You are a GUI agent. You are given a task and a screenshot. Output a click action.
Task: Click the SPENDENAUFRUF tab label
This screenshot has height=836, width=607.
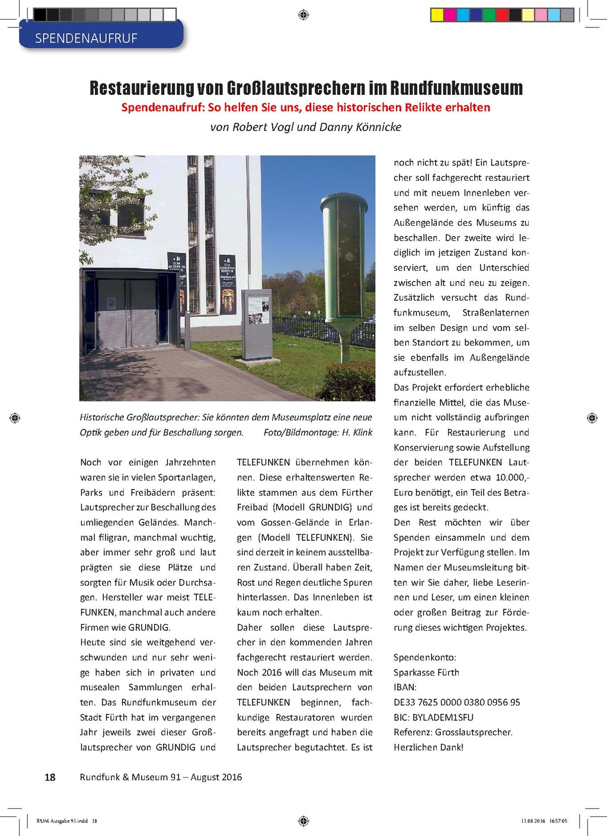pyautogui.click(x=87, y=39)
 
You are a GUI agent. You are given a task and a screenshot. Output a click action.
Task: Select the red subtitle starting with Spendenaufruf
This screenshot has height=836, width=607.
pyautogui.click(x=305, y=107)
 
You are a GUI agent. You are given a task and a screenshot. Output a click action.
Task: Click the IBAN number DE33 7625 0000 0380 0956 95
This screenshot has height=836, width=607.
pyautogui.click(x=456, y=702)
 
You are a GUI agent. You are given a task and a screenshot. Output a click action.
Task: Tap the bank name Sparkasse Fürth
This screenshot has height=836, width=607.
pyautogui.click(x=426, y=672)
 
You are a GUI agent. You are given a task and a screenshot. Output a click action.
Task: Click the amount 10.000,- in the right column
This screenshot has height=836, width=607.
pyautogui.click(x=512, y=477)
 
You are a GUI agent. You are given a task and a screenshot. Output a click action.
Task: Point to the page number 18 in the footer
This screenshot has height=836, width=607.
pyautogui.click(x=50, y=777)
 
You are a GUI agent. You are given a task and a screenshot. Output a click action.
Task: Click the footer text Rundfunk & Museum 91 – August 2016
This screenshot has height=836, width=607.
pyautogui.click(x=161, y=777)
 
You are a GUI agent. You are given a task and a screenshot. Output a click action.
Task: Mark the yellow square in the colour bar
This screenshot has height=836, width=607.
pyautogui.click(x=437, y=15)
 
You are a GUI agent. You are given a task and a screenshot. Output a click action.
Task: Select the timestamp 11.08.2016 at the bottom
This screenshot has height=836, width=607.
pyautogui.click(x=533, y=821)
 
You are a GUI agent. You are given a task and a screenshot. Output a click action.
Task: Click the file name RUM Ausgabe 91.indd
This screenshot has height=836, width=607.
pyautogui.click(x=62, y=821)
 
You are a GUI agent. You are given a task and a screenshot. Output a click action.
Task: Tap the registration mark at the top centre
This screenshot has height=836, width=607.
pyautogui.click(x=303, y=14)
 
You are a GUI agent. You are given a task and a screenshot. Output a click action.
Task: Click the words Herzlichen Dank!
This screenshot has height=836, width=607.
pyautogui.click(x=428, y=747)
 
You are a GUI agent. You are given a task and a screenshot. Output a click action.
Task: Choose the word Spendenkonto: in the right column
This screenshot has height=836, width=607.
pyautogui.click(x=424, y=658)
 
